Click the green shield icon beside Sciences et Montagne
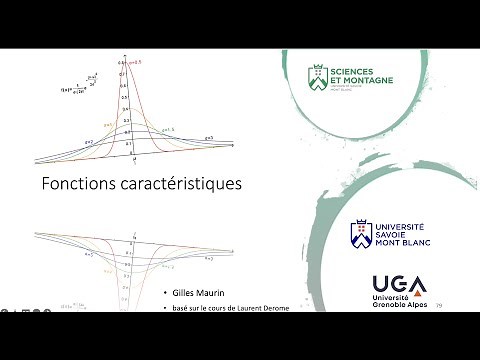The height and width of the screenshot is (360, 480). (x=316, y=77)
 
